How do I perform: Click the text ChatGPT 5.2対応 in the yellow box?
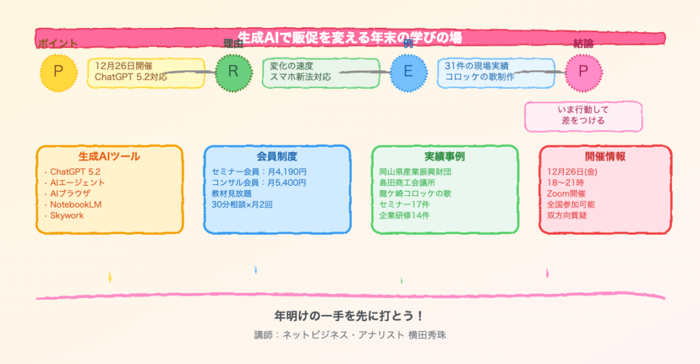131,77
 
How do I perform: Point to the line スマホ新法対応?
300,77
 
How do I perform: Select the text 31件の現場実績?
476,66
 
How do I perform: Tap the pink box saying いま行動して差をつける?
583,115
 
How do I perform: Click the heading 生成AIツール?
109,156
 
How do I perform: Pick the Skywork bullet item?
68,215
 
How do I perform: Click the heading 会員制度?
277,156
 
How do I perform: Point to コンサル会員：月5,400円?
259,182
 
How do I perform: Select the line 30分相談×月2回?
242,204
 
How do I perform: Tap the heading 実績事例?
444,156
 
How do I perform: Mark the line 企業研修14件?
405,215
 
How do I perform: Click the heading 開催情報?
605,156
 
